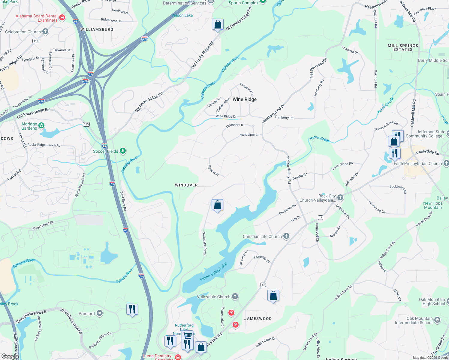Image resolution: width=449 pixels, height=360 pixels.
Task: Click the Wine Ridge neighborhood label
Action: pyautogui.click(x=244, y=99)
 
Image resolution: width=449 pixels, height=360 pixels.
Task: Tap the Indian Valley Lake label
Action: pyautogui.click(x=213, y=272)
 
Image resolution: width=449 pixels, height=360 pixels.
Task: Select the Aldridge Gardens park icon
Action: pyautogui.click(x=41, y=126)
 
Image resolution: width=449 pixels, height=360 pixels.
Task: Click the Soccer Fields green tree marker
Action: pyautogui.click(x=122, y=151)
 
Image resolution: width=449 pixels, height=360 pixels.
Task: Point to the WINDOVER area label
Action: pyautogui.click(x=186, y=185)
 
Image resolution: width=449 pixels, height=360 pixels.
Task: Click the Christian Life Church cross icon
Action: pyautogui.click(x=286, y=236)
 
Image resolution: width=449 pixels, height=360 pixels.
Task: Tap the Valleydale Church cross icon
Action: pyautogui.click(x=235, y=296)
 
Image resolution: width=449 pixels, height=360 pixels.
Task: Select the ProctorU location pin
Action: pyautogui.click(x=100, y=313)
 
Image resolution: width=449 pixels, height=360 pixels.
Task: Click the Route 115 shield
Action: pyautogui.click(x=86, y=124)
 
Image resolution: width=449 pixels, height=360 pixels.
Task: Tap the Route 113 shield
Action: pyautogui.click(x=36, y=41)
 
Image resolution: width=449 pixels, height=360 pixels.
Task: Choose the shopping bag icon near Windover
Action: pyautogui.click(x=218, y=205)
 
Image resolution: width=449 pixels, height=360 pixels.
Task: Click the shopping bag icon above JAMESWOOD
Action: pyautogui.click(x=273, y=296)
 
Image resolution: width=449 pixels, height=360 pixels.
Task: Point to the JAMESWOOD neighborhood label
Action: pyautogui.click(x=258, y=319)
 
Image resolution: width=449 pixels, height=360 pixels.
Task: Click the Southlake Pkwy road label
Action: pyautogui.click(x=204, y=244)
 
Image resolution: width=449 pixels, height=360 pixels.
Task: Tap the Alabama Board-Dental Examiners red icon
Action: pyautogui.click(x=62, y=18)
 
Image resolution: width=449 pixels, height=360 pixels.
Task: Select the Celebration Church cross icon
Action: pyautogui.click(x=45, y=31)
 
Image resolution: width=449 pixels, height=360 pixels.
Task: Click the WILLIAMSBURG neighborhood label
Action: pyautogui.click(x=97, y=29)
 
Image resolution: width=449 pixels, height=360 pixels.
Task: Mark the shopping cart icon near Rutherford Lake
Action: pyautogui.click(x=188, y=335)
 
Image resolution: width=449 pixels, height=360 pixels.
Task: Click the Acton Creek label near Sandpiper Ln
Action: pyautogui.click(x=320, y=139)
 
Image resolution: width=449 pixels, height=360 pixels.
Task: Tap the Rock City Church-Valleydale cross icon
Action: pyautogui.click(x=340, y=197)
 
